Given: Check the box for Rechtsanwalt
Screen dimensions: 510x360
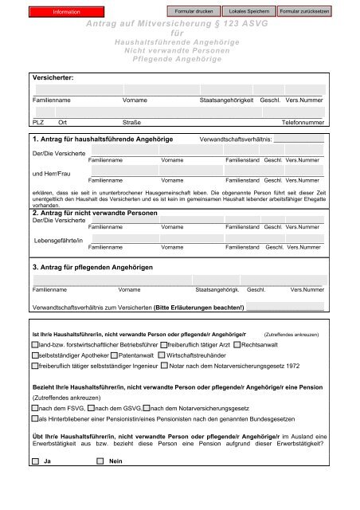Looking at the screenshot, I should click(236, 344).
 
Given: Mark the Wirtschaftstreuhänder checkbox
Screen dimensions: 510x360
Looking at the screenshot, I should click(162, 355).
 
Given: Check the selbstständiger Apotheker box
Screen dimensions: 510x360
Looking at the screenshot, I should click(33, 355).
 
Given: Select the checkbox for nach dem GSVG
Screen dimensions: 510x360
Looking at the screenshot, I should click(79, 408).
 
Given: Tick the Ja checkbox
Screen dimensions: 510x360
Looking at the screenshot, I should click(34, 461).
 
